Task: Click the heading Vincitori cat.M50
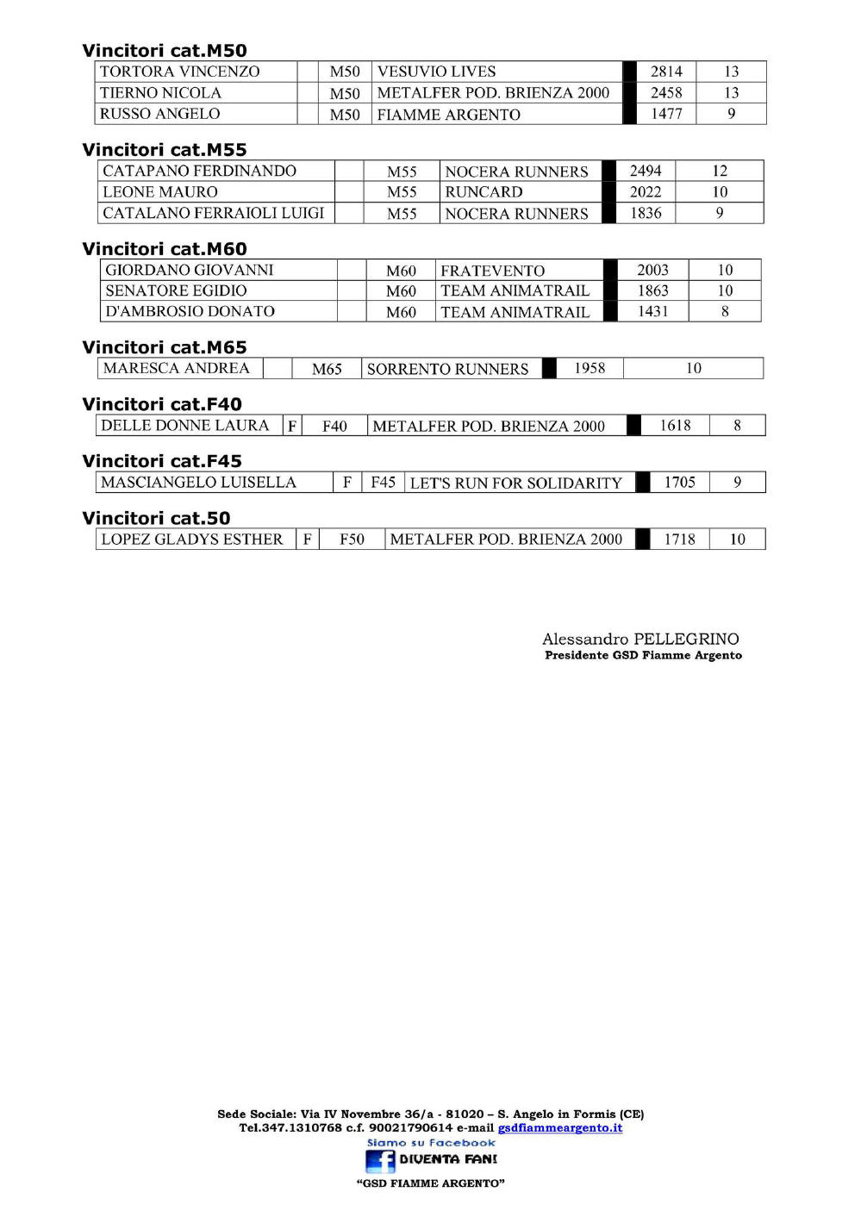point(164,51)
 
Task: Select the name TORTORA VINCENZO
point(179,72)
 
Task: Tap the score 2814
point(666,72)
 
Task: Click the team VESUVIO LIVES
point(436,72)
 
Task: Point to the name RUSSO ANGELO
point(159,114)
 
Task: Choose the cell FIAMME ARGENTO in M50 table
point(448,115)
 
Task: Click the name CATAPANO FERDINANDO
point(199,171)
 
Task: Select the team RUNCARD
point(484,192)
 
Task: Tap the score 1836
point(646,213)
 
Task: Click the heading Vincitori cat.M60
point(164,249)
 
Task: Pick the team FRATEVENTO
point(492,271)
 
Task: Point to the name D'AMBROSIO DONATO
point(190,311)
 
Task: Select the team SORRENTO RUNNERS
point(447,369)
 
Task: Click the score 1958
point(590,368)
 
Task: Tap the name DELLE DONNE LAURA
point(184,425)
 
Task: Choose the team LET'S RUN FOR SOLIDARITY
point(515,483)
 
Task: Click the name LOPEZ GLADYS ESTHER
point(191,539)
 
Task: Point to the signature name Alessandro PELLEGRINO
point(640,639)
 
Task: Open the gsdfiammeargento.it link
point(559,1127)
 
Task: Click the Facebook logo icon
point(379,1160)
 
